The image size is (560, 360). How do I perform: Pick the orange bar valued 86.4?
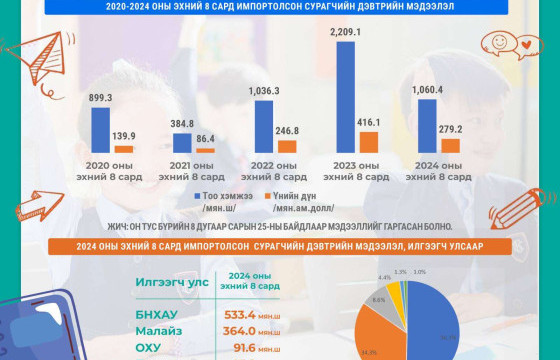[x=205, y=150]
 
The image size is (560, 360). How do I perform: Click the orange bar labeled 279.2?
[x=451, y=145]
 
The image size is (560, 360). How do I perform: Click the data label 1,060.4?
[x=428, y=90]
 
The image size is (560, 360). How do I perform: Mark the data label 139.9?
[x=124, y=135]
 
